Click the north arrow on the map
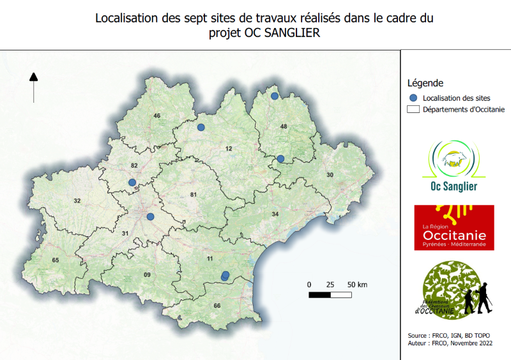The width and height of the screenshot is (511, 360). (x=33, y=87)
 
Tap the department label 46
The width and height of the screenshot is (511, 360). (x=156, y=116)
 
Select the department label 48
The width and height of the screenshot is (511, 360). (x=284, y=126)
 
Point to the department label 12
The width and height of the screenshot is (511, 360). (x=228, y=149)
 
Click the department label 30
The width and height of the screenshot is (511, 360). (x=330, y=175)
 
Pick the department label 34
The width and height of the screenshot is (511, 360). (x=275, y=214)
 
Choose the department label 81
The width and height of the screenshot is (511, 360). (x=192, y=194)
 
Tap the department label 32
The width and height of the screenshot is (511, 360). (x=77, y=201)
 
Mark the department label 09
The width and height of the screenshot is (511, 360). (x=147, y=275)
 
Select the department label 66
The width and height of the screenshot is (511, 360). (x=217, y=306)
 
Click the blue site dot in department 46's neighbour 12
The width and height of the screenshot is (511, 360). (x=201, y=128)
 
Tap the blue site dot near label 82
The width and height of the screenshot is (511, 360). (x=132, y=183)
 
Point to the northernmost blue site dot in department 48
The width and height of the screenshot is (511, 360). (x=274, y=96)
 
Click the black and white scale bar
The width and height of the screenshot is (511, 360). (x=330, y=295)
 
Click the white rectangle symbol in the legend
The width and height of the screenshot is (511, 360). (x=413, y=109)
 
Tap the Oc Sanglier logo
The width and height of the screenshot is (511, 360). (x=454, y=167)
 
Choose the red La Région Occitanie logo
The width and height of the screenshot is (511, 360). (x=454, y=227)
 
